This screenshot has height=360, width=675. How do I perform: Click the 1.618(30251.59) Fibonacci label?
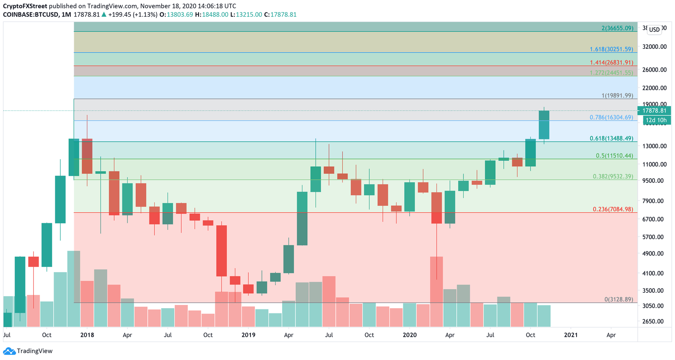pyautogui.click(x=611, y=49)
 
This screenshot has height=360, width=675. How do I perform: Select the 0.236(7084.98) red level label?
pyautogui.click(x=613, y=209)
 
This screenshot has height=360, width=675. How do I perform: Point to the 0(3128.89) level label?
pyautogui.click(x=619, y=299)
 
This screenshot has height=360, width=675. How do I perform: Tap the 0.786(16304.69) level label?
pyautogui.click(x=611, y=117)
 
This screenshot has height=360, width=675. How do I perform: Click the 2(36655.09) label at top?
pyautogui.click(x=617, y=28)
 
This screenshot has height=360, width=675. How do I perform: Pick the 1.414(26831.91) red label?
pyautogui.click(x=611, y=62)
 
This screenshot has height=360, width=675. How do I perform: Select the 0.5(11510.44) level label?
pyautogui.click(x=614, y=156)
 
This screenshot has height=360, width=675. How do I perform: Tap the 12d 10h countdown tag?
pyautogui.click(x=656, y=120)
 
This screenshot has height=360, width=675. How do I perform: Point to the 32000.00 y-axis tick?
pyautogui.click(x=654, y=47)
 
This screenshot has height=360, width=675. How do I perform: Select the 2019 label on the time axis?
pyautogui.click(x=248, y=335)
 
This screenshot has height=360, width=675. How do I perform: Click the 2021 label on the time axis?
pyautogui.click(x=571, y=335)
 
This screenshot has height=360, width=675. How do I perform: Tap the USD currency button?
pyautogui.click(x=654, y=29)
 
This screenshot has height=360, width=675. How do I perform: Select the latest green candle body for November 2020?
pyautogui.click(x=544, y=125)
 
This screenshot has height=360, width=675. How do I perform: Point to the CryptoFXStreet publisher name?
pyautogui.click(x=25, y=6)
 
